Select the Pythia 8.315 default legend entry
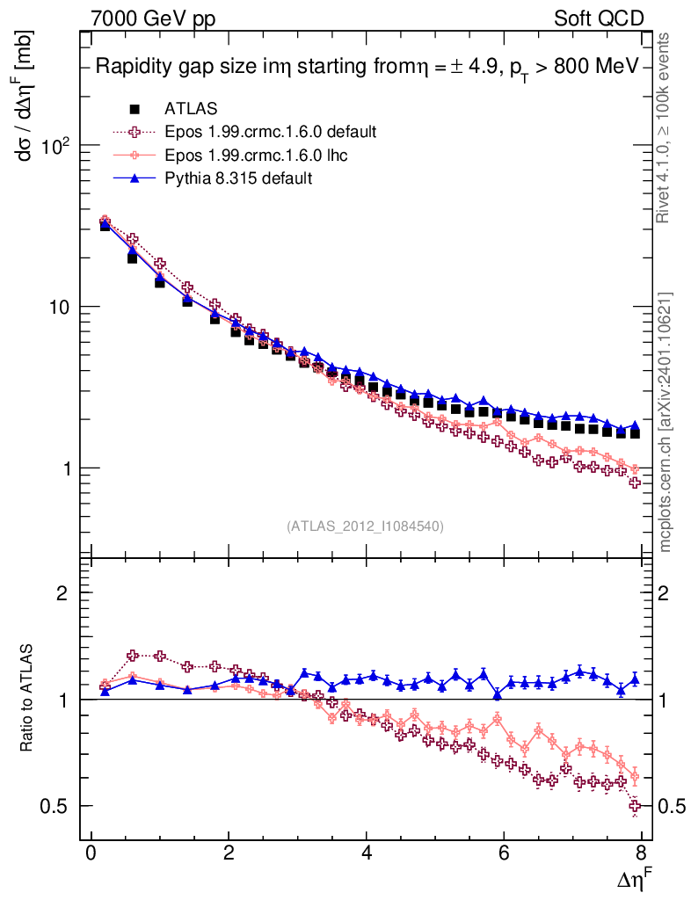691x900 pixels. coord(237,178)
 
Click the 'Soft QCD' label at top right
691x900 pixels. coord(599,18)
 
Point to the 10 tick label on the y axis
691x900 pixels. coord(63,307)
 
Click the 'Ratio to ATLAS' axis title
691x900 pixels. coord(28,699)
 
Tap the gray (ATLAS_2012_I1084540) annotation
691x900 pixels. coord(365,526)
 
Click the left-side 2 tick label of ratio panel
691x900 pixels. coord(62,593)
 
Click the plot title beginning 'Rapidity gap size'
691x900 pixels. coord(368,68)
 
